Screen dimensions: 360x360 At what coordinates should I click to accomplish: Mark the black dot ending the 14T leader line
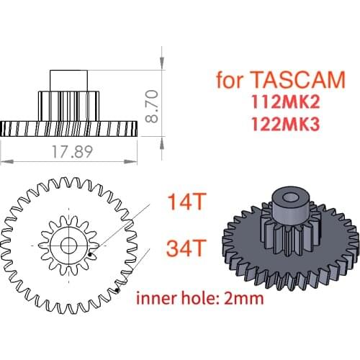(89, 255)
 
